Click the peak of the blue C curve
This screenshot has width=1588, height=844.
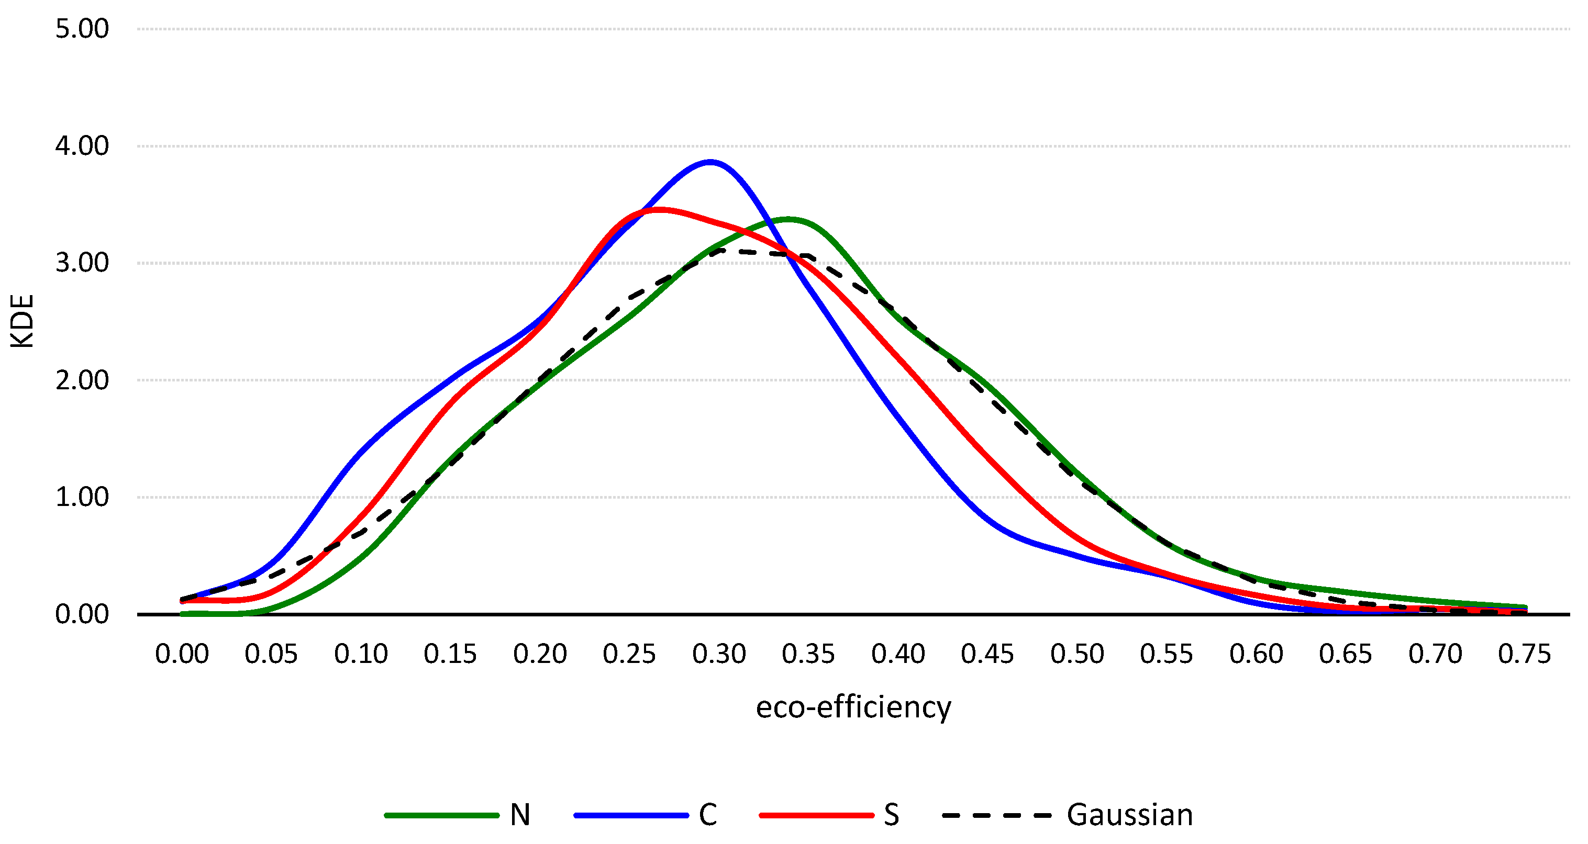pyautogui.click(x=711, y=162)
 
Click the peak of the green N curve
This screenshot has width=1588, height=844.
pyautogui.click(x=788, y=219)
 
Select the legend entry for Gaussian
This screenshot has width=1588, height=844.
pyautogui.click(x=1129, y=815)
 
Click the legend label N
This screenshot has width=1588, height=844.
pyautogui.click(x=520, y=815)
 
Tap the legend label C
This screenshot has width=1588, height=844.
pyautogui.click(x=708, y=815)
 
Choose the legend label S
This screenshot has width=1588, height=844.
pyautogui.click(x=891, y=815)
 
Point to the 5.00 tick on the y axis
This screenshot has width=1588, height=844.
pyautogui.click(x=82, y=29)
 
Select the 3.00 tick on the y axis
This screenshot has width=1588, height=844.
pyautogui.click(x=82, y=263)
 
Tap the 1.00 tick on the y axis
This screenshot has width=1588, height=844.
pyautogui.click(x=82, y=497)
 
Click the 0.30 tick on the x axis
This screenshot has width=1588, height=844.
pyautogui.click(x=719, y=654)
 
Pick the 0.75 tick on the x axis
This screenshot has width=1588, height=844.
pyautogui.click(x=1524, y=654)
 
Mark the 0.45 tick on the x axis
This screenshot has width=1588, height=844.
pyautogui.click(x=987, y=654)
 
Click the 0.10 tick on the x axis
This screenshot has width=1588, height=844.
pyautogui.click(x=361, y=654)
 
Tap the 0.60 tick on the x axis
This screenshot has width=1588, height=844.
pyautogui.click(x=1256, y=654)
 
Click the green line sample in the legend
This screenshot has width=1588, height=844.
pyautogui.click(x=441, y=815)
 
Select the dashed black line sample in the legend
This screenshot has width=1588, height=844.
pyautogui.click(x=997, y=815)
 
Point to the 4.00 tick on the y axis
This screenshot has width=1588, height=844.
pyautogui.click(x=82, y=146)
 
